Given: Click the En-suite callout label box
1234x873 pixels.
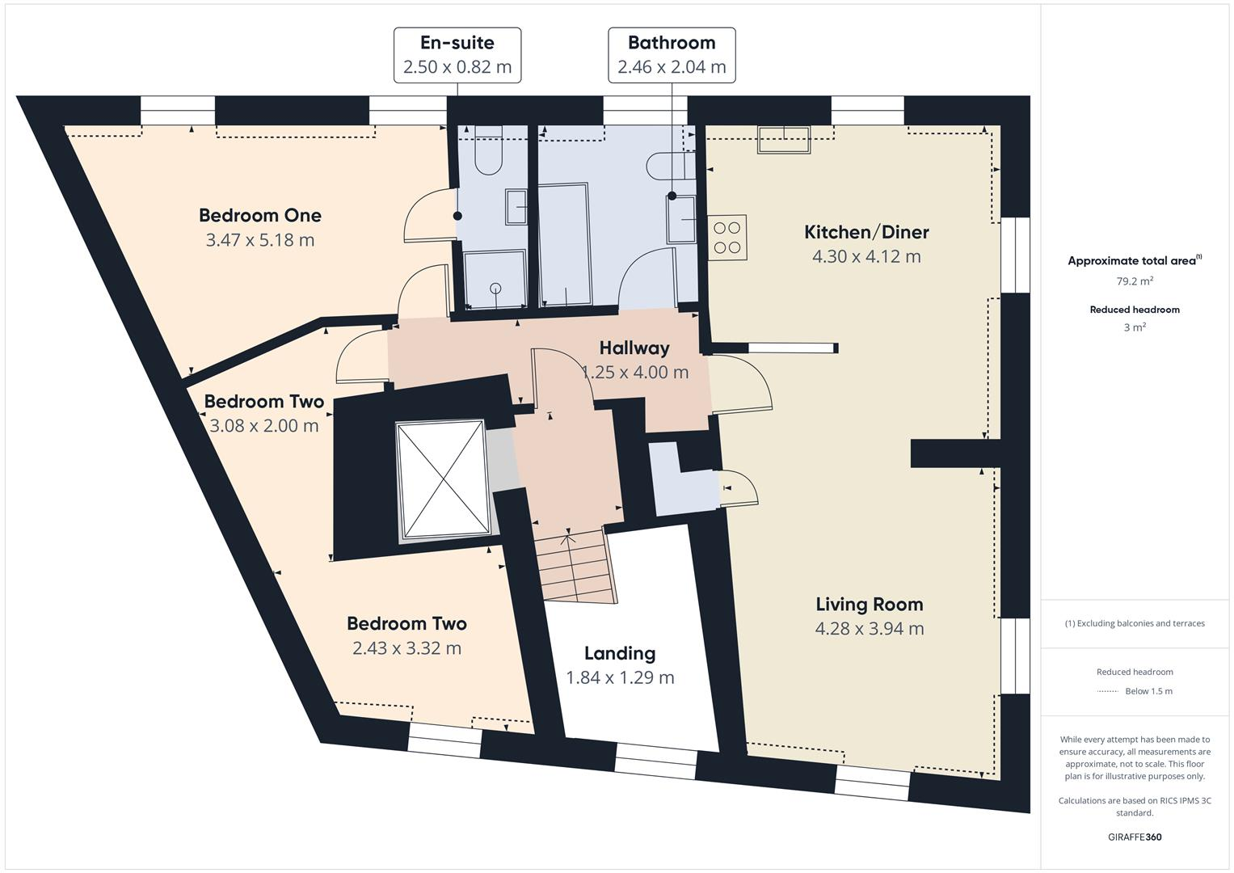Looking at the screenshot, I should click(x=457, y=55).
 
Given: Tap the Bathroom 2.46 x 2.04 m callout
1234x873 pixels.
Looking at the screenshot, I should click(x=672, y=55).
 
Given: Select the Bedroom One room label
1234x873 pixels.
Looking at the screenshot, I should click(x=260, y=215).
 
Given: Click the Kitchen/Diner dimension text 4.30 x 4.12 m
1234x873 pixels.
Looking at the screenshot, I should click(x=866, y=256).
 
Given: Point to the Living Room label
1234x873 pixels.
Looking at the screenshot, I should click(x=869, y=604).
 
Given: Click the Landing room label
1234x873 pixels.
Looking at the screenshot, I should click(x=620, y=653).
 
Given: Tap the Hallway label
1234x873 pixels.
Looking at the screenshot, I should click(x=634, y=348).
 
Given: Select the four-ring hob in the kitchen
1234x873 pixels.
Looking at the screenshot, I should click(x=727, y=237).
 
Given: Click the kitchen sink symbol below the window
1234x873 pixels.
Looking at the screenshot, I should click(x=783, y=139).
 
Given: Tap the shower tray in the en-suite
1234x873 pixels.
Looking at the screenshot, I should click(x=495, y=279).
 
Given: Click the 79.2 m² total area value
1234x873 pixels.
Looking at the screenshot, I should click(x=1135, y=281).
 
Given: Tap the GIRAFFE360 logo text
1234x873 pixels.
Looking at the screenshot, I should click(x=1135, y=837).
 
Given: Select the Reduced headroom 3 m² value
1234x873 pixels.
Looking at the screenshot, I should click(x=1135, y=327).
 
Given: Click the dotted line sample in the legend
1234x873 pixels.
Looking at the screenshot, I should click(x=1107, y=691).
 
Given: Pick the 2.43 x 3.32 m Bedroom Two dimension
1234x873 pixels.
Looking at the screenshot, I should click(x=406, y=648).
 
